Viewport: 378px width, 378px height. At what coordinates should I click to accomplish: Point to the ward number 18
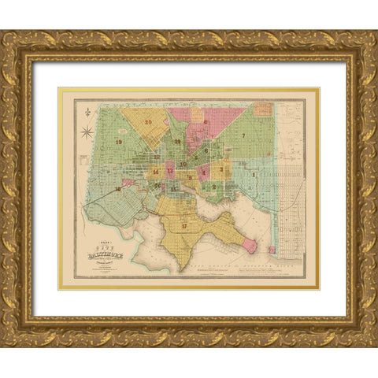pyautogui.click(x=117, y=189)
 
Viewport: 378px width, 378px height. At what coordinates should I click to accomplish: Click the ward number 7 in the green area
pyautogui.click(x=244, y=135)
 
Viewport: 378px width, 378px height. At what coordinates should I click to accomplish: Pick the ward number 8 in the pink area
pyautogui.click(x=205, y=122)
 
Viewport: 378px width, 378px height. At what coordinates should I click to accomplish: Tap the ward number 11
pyautogui.click(x=178, y=142)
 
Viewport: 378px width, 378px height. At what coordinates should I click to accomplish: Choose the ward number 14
pyautogui.click(x=156, y=171)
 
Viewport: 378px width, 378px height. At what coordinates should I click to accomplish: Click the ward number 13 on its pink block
pyautogui.click(x=169, y=170)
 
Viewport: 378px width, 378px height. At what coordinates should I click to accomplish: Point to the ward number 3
pyautogui.click(x=222, y=168)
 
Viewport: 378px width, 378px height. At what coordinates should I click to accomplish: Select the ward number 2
pyautogui.click(x=213, y=187)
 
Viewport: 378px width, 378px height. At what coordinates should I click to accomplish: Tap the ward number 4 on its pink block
pyautogui.click(x=204, y=171)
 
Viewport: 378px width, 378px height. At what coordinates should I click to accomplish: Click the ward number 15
pyautogui.click(x=172, y=189)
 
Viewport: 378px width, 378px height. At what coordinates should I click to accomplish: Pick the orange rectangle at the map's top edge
pyautogui.click(x=204, y=100)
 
